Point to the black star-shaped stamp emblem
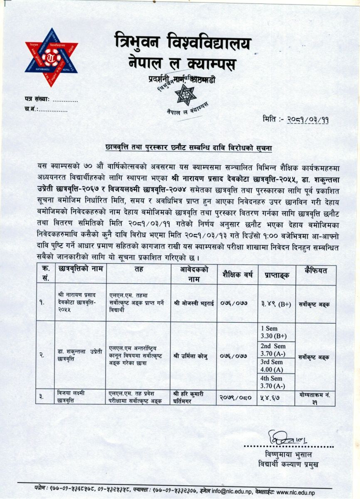pos(185,95)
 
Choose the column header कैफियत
pos(316,271)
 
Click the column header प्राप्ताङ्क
pos(276,275)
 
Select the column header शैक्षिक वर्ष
pos(237,274)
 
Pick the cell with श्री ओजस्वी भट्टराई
pos(194,304)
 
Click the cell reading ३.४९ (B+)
pos(276,304)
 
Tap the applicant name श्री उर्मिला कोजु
pos(194,356)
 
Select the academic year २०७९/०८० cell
pos(237,397)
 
